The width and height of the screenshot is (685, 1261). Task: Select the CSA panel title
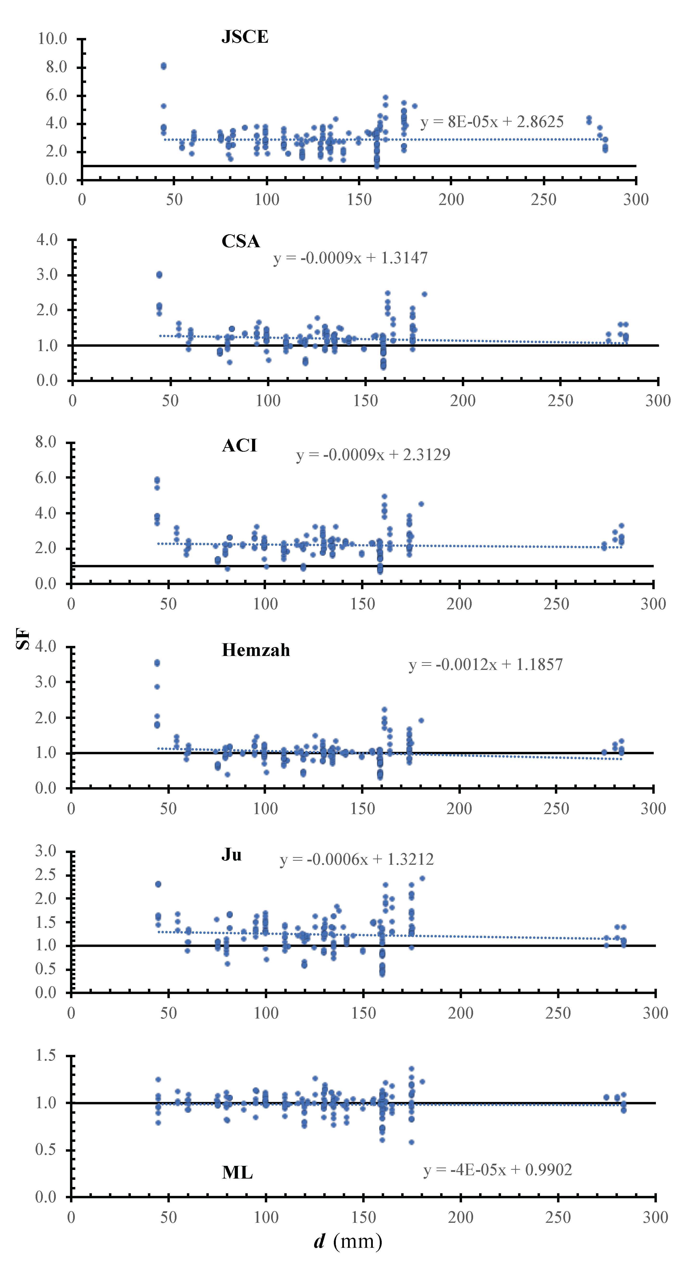pyautogui.click(x=241, y=241)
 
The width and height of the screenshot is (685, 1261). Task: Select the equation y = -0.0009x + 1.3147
pyautogui.click(x=350, y=258)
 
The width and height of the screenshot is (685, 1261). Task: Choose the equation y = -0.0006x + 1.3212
pyautogui.click(x=357, y=859)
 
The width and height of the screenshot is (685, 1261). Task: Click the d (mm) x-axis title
pyautogui.click(x=348, y=1242)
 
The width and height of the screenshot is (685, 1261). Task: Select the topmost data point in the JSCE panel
pyautogui.click(x=164, y=66)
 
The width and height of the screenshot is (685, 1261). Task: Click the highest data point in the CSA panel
pyautogui.click(x=159, y=275)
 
